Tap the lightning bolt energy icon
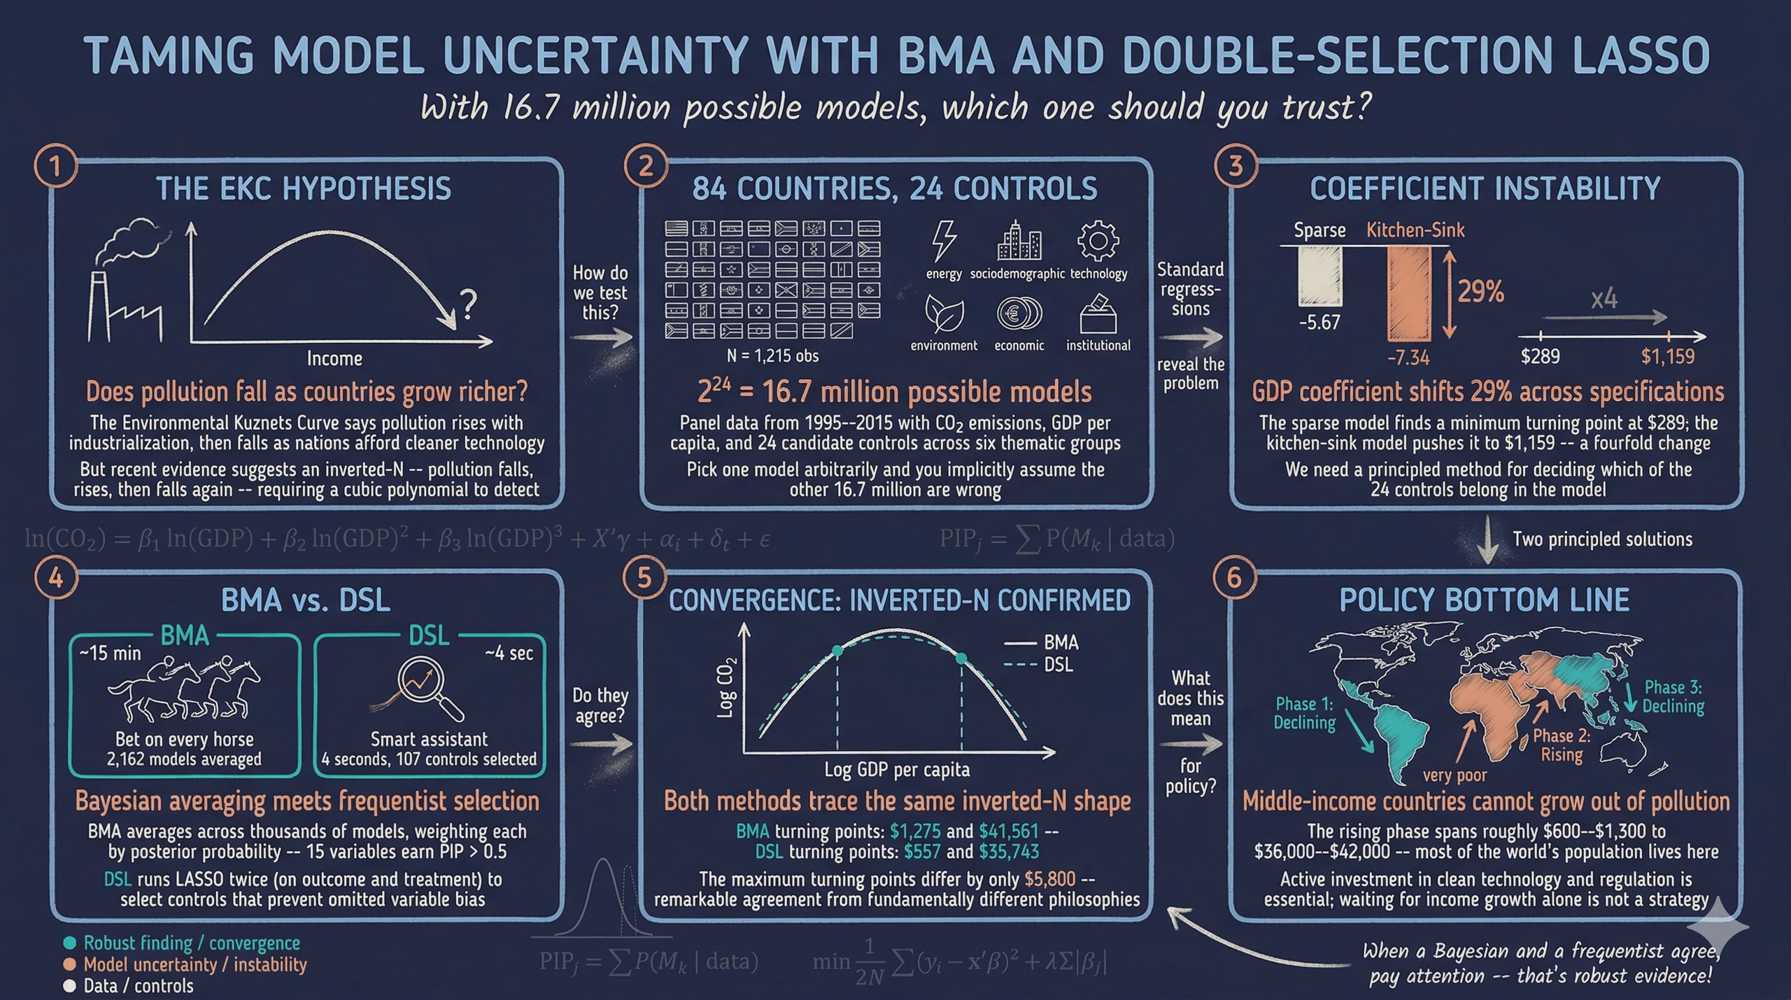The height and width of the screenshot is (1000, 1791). [944, 241]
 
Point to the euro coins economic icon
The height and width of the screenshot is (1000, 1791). [1019, 314]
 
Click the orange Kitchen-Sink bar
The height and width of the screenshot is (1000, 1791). [1409, 294]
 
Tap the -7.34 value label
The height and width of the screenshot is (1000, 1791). [1408, 358]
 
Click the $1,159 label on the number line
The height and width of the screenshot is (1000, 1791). [1668, 357]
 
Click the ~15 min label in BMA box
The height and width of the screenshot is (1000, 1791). [110, 654]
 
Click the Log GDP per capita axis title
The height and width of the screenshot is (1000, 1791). [897, 770]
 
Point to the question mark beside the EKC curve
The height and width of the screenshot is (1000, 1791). [467, 305]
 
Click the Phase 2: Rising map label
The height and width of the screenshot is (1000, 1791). [1562, 745]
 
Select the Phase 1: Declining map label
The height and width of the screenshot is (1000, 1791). [1304, 713]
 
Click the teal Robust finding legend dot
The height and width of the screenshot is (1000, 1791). [69, 943]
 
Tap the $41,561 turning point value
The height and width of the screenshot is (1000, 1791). [1009, 831]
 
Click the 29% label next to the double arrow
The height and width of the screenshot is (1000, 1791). [1480, 292]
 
